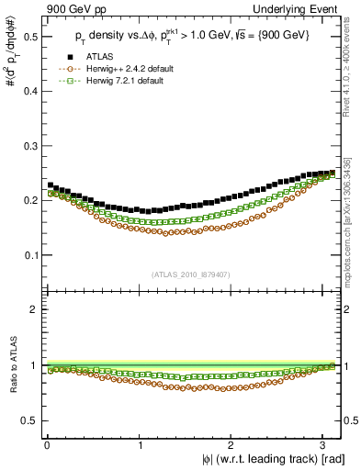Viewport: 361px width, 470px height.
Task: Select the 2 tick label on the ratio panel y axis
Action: point(34,309)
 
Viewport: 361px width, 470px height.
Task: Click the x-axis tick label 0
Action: point(47,445)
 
